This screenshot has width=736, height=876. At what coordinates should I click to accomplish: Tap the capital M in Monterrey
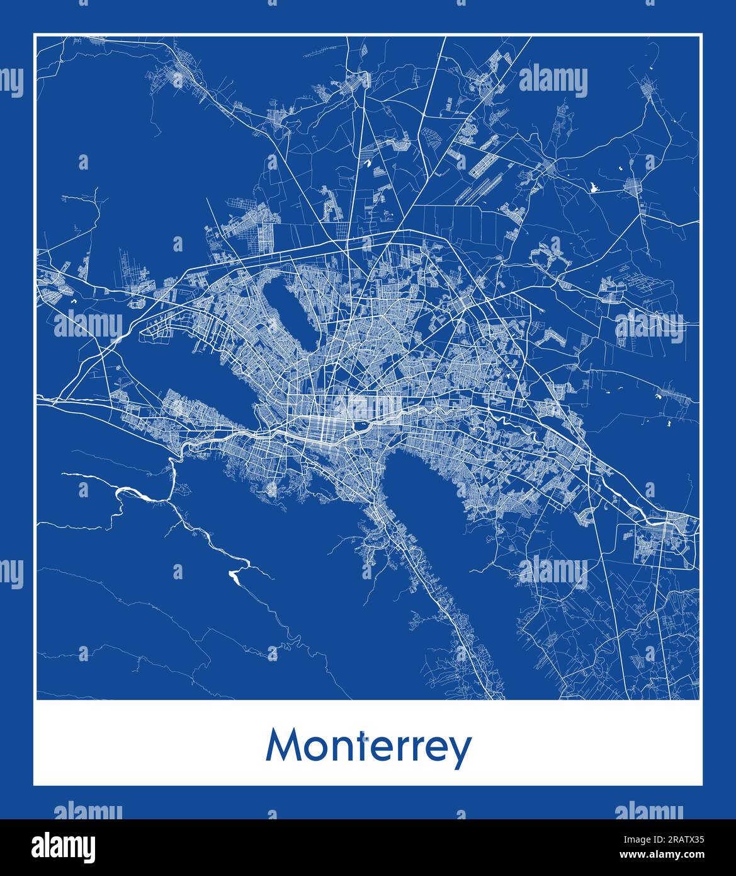tap(281, 746)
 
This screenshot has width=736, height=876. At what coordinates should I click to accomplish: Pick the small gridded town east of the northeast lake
tap(633, 187)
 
